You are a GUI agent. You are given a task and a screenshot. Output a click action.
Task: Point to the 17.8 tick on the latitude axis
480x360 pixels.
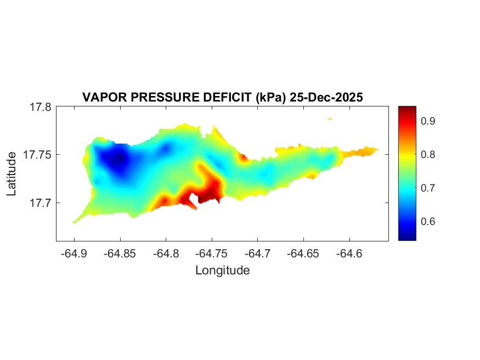(x=41, y=107)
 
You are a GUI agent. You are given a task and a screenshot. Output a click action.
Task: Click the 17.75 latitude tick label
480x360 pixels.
(x=37, y=155)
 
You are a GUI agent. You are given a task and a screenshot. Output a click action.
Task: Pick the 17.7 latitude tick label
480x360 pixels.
(x=41, y=203)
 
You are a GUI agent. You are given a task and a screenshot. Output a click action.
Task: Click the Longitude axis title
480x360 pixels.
(x=222, y=271)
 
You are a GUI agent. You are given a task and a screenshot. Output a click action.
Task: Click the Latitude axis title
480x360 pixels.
(x=12, y=174)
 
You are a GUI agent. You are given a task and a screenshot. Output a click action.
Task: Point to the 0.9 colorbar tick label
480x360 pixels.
(x=428, y=121)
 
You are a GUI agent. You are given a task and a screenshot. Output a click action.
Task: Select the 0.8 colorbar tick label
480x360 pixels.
(x=428, y=154)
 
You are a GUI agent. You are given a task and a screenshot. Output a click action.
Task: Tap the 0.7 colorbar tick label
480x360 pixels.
(x=428, y=188)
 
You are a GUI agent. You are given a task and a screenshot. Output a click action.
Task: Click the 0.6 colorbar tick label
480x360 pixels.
(x=428, y=222)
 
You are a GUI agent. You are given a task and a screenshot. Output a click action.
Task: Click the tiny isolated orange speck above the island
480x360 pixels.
(x=330, y=118)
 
